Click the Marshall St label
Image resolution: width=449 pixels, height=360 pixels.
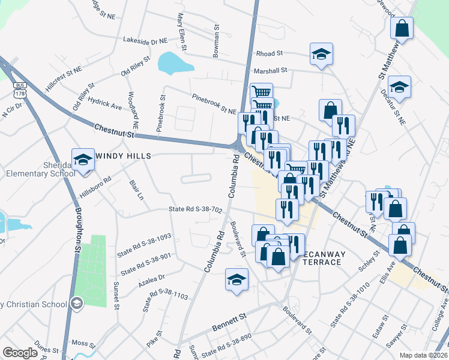(273, 70)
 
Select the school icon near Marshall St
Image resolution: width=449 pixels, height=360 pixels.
(321, 55)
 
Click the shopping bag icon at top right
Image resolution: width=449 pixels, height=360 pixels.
(402, 28)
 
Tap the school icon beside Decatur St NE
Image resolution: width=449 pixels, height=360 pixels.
(399, 88)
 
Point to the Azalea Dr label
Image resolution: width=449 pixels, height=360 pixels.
(152, 278)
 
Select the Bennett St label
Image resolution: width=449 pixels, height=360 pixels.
(230, 323)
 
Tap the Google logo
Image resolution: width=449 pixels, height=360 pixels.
(20, 353)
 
